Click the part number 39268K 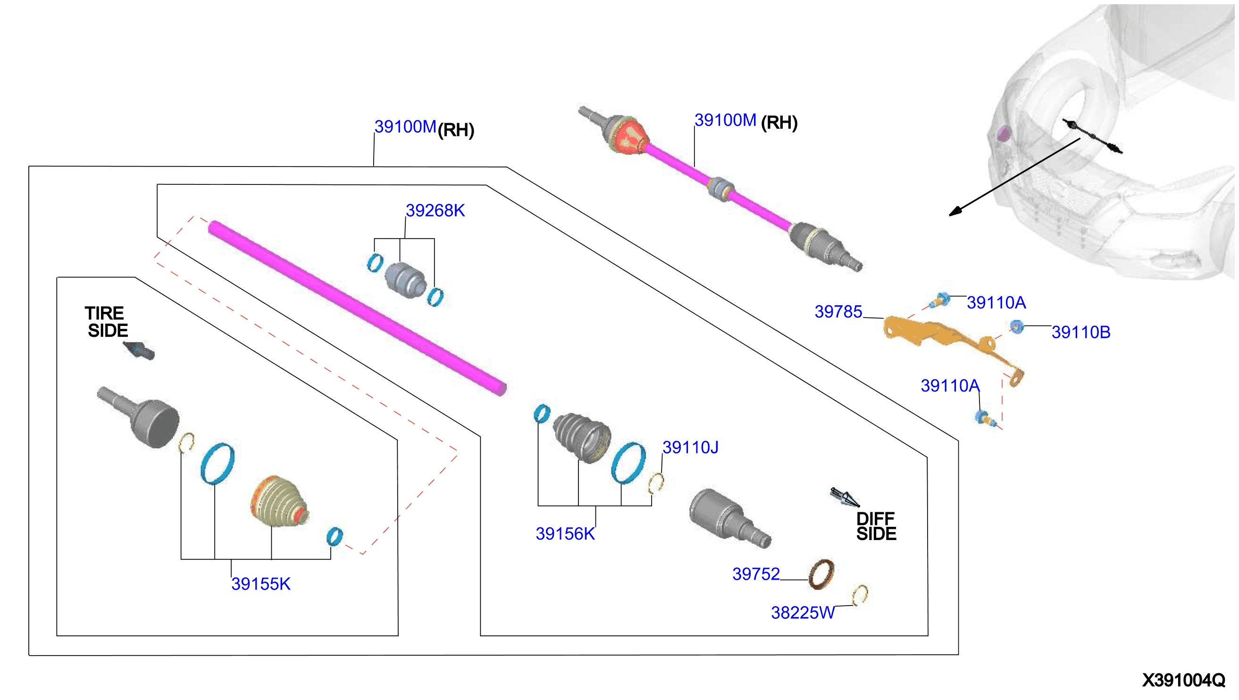click(x=435, y=210)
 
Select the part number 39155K click(x=261, y=584)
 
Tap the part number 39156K click(x=565, y=533)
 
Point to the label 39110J click(x=690, y=448)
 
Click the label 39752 click(x=755, y=574)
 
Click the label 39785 click(x=838, y=311)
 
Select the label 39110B click(x=1081, y=332)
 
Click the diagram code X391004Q click(x=1183, y=680)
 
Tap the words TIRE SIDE click(x=107, y=322)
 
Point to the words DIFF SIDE click(x=876, y=526)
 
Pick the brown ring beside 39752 click(x=821, y=574)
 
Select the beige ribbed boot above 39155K click(x=279, y=501)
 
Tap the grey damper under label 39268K click(x=405, y=280)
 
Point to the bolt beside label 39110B click(x=1016, y=327)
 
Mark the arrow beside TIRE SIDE click(x=139, y=350)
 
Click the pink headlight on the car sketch click(x=1003, y=133)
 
